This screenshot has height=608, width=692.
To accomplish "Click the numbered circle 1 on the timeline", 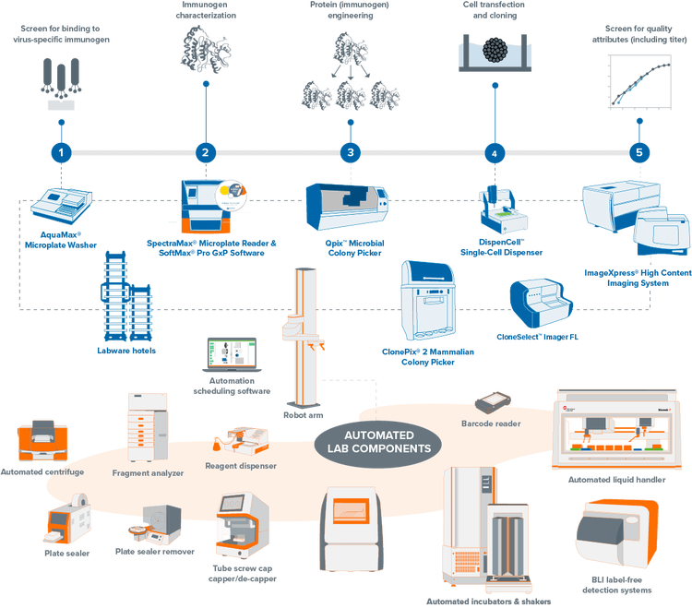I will coord(61,152).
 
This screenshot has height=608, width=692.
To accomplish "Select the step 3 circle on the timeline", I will coord(349,152).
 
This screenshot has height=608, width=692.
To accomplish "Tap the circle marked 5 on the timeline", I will coord(638,152).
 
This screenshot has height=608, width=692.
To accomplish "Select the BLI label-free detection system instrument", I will coord(614,538).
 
